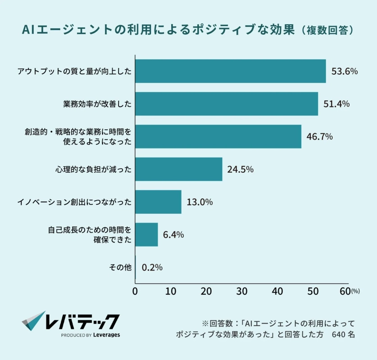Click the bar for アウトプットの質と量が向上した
[230, 71]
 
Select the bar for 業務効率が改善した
[227, 104]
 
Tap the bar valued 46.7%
[218, 136]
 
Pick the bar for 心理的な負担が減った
[179, 169]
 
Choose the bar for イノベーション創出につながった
[158, 202]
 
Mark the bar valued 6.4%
[146, 234]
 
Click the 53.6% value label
[344, 71]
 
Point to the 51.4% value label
[336, 104]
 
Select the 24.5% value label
[240, 170]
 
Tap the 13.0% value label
[199, 202]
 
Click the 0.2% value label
[152, 267]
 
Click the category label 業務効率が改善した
[97, 104]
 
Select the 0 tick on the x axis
[135, 292]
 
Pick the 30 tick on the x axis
[241, 292]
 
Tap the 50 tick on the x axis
[313, 292]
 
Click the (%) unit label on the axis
[355, 292]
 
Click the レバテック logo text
[82, 321]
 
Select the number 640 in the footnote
[338, 335]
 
